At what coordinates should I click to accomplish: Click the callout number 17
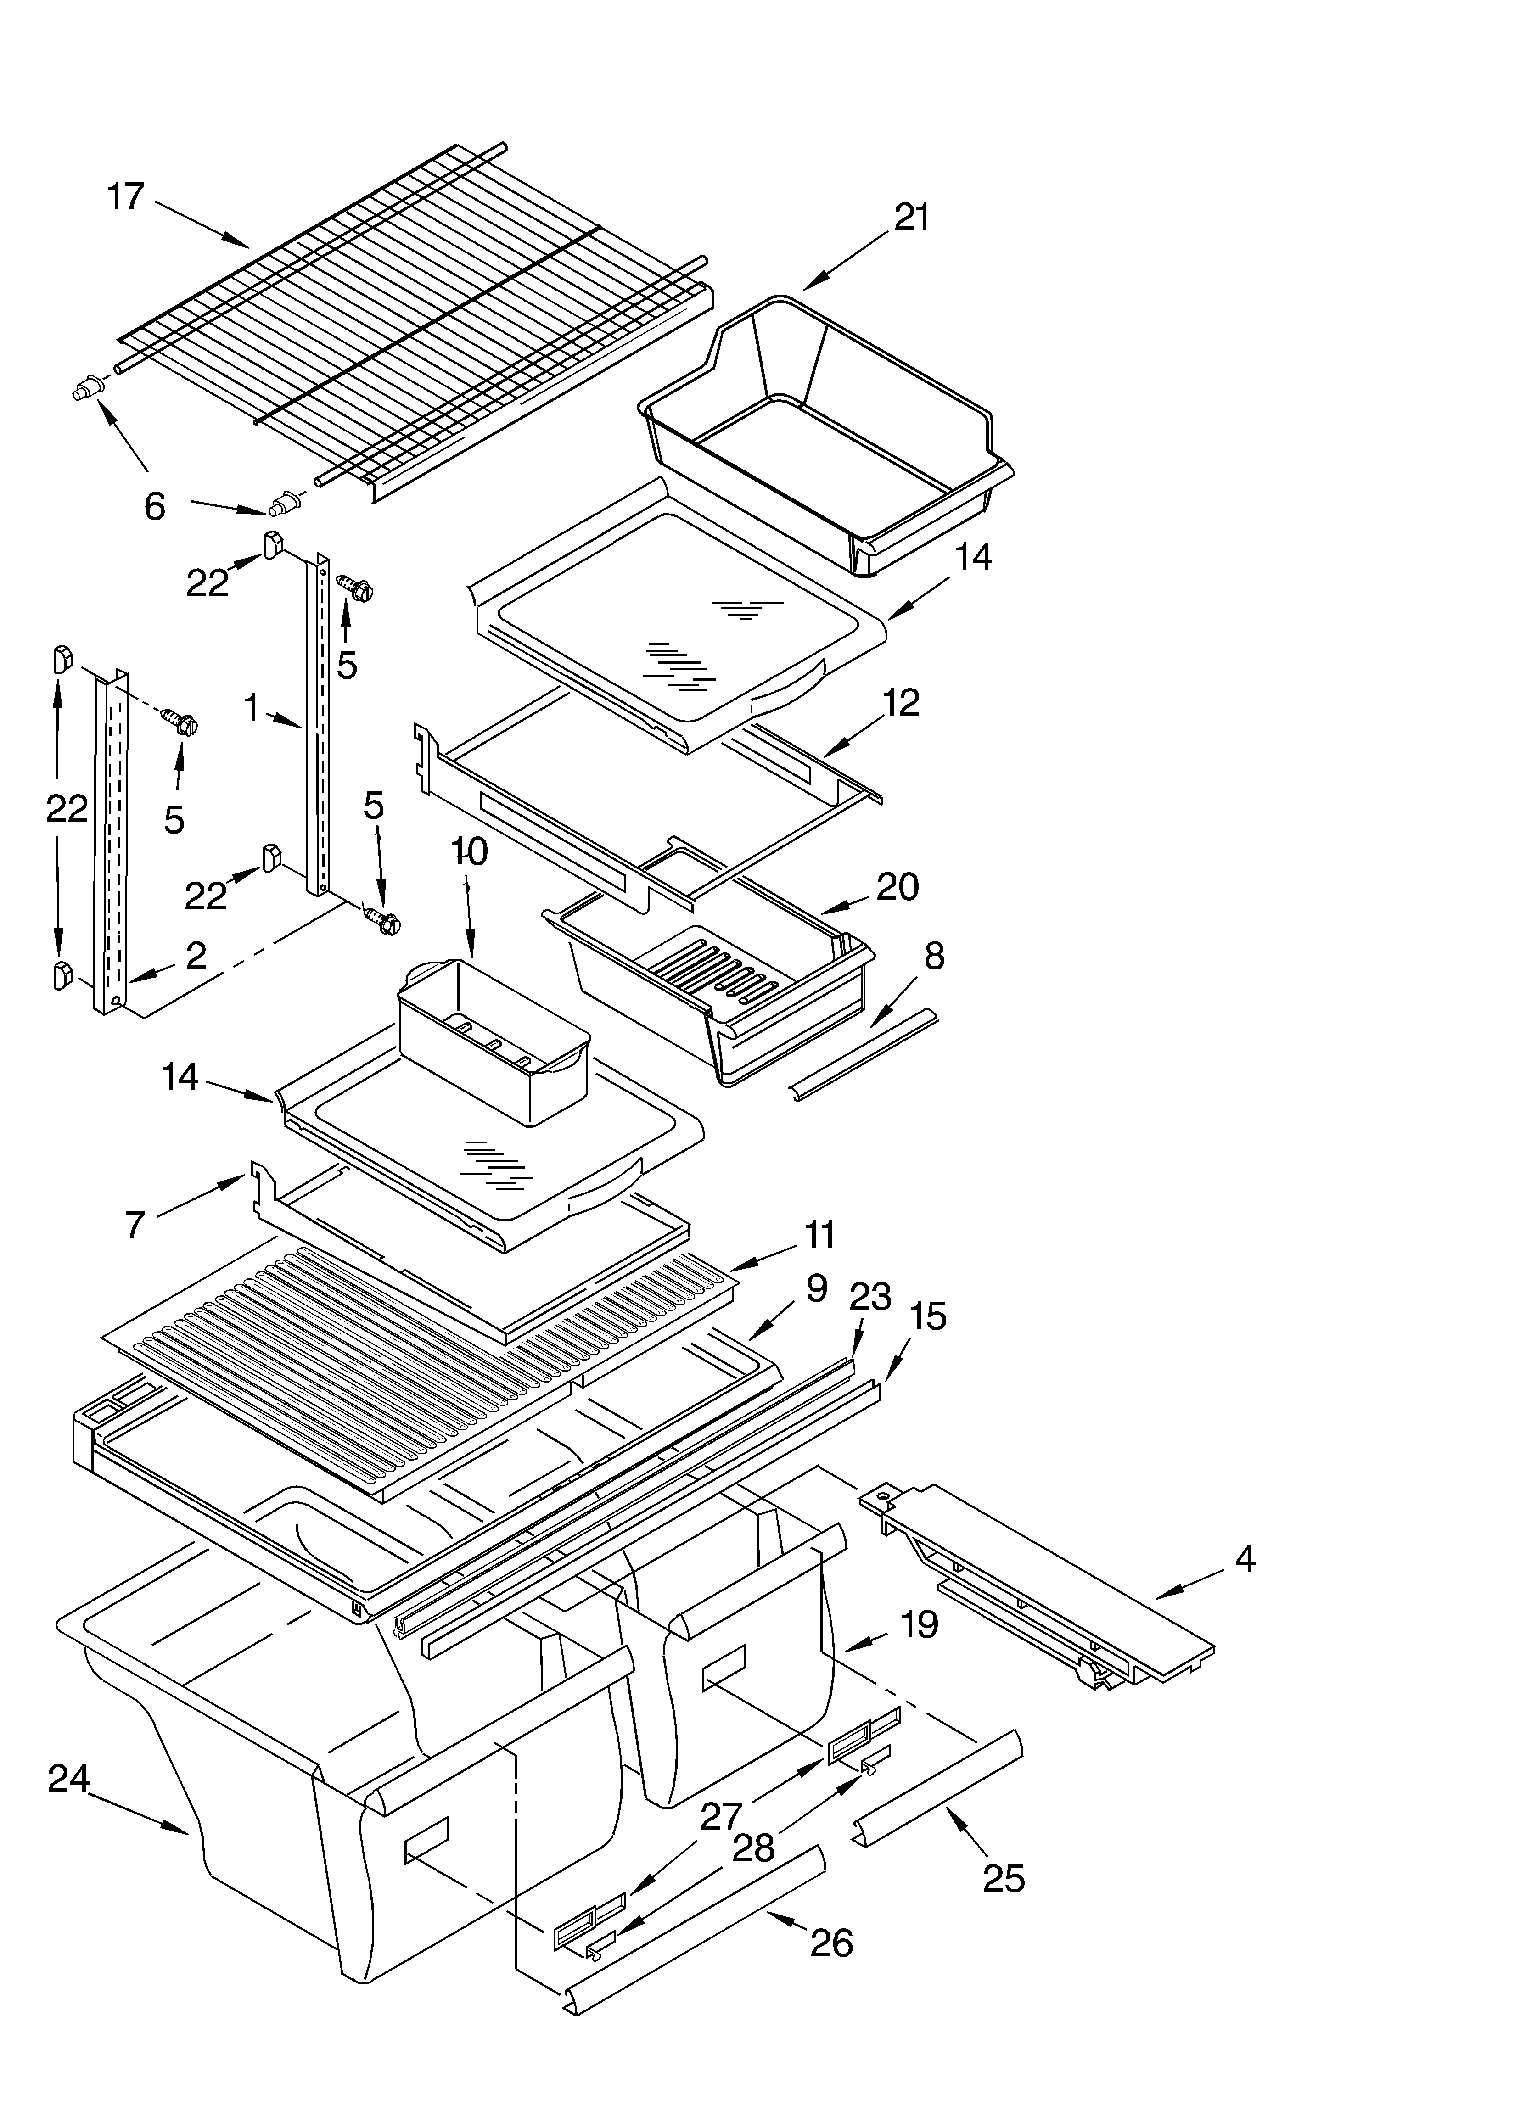pyautogui.click(x=126, y=197)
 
